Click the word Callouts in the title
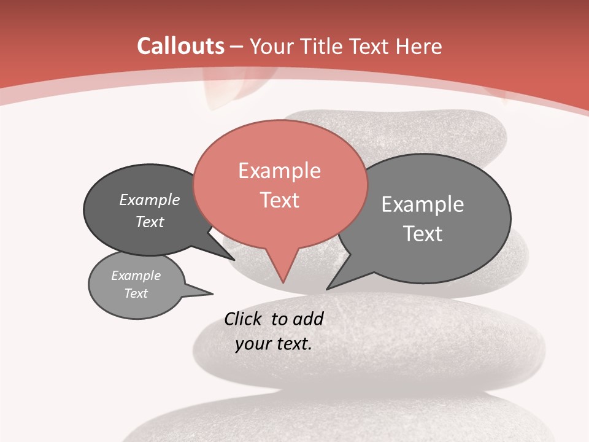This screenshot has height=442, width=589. [x=180, y=46]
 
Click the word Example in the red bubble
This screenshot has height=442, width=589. [x=279, y=171]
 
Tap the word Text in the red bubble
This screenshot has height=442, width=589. [x=279, y=200]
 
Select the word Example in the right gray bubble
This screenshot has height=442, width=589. [x=422, y=204]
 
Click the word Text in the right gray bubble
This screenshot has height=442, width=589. [x=422, y=234]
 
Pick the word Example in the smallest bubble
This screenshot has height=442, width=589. [x=136, y=276]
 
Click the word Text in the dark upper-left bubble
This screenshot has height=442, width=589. [x=150, y=222]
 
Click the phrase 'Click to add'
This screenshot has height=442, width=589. [x=274, y=319]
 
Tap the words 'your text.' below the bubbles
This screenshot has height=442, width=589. [x=274, y=344]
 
